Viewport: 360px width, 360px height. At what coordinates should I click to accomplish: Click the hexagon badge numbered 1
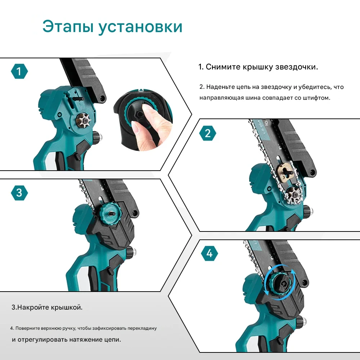19,71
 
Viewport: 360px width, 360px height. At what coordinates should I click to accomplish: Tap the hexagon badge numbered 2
208,133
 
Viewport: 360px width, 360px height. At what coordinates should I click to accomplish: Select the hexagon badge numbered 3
19,193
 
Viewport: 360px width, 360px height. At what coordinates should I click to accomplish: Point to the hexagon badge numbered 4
209,253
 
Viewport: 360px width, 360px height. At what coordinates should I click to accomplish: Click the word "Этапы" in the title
68,27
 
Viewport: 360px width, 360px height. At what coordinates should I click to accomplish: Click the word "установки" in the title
140,27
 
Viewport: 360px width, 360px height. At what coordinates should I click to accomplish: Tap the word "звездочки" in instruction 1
296,67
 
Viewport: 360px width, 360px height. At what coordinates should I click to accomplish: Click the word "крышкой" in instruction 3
66,307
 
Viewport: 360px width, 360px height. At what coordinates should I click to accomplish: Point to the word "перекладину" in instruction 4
142,329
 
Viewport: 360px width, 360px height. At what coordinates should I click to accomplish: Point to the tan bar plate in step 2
286,171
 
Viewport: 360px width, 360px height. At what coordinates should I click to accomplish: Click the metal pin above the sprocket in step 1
78,98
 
